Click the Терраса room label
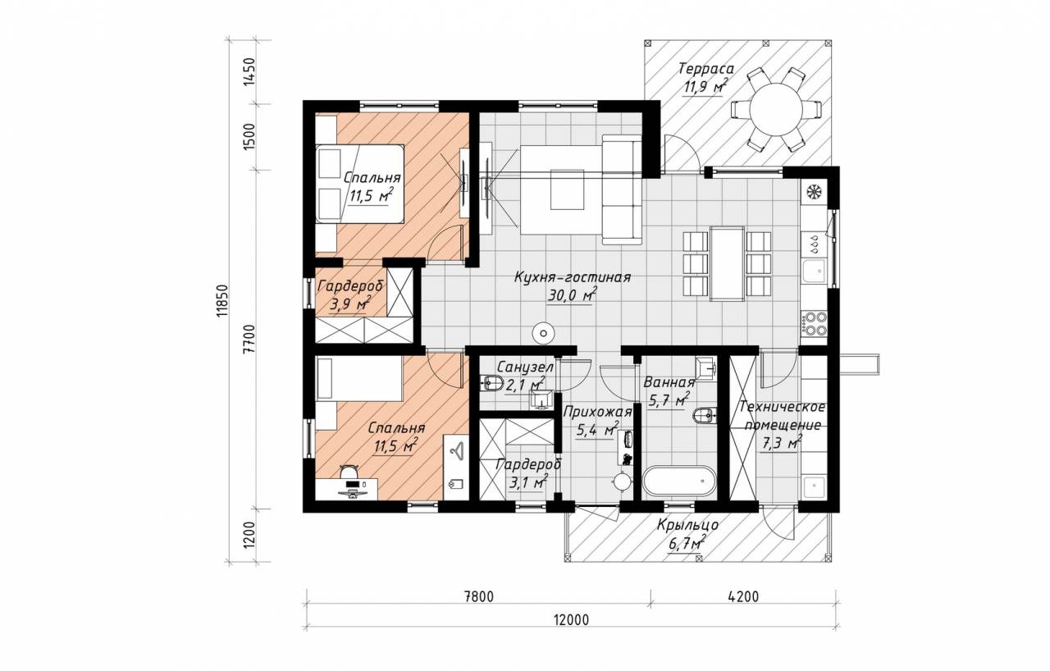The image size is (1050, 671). [706, 70]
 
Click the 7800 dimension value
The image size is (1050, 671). [478, 597]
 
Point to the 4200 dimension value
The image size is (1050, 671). [743, 597]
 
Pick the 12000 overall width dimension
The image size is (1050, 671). [571, 620]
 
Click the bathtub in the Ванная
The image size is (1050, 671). [680, 481]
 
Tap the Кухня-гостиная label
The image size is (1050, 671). [573, 277]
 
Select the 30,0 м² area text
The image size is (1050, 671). [572, 295]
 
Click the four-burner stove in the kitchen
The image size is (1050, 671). [815, 324]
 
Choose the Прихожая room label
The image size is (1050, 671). [597, 412]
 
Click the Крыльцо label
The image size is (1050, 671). [687, 525]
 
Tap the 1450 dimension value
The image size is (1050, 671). [249, 71]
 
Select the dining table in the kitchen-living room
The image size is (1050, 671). [727, 263]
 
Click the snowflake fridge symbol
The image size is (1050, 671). [815, 192]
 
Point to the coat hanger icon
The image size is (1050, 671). [454, 450]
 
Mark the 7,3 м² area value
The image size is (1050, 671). [781, 443]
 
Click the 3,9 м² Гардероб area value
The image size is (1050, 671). [350, 305]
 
